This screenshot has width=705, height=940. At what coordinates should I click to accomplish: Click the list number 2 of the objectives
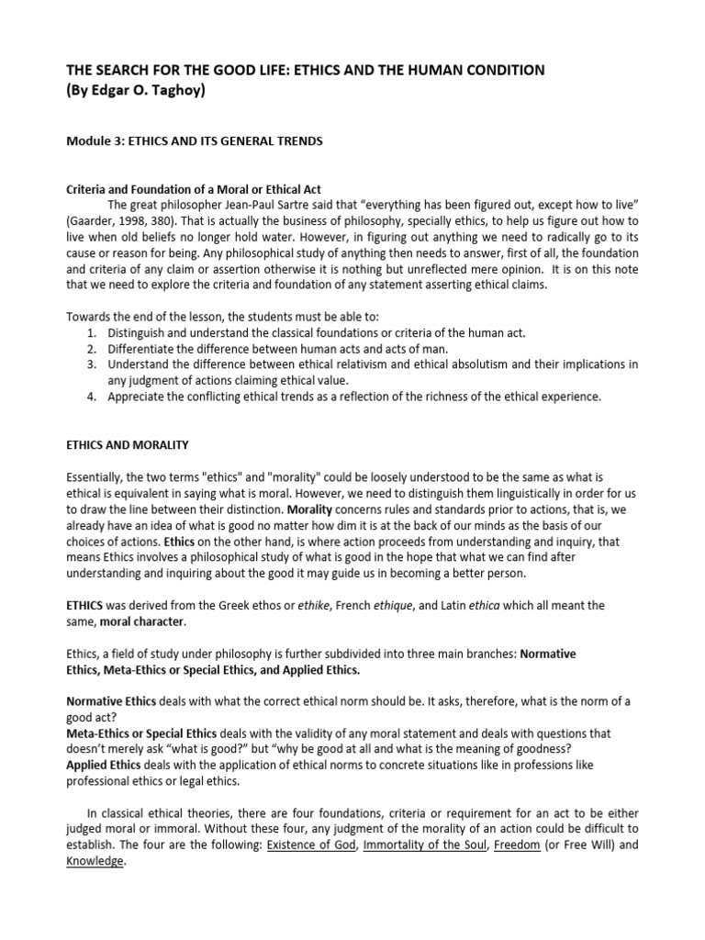(x=92, y=349)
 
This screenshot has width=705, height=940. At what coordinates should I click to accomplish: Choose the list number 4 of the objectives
(x=92, y=397)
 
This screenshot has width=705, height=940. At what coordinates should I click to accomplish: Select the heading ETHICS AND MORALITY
(x=128, y=445)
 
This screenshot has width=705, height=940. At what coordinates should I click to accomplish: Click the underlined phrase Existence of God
(x=308, y=845)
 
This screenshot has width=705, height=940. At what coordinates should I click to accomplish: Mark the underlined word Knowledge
(x=95, y=862)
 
